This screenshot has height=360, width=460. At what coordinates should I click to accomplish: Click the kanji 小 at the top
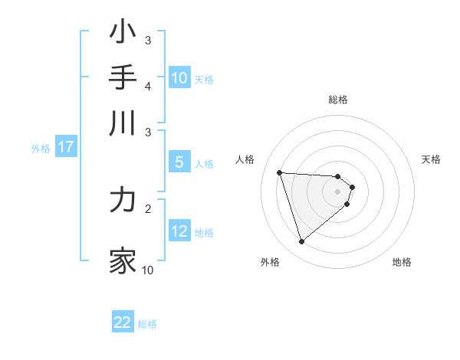pyautogui.click(x=123, y=33)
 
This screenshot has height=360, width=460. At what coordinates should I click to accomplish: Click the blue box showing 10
pyautogui.click(x=179, y=78)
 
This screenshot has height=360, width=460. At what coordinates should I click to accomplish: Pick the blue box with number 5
pyautogui.click(x=179, y=162)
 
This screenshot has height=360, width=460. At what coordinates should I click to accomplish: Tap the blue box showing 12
pyautogui.click(x=179, y=232)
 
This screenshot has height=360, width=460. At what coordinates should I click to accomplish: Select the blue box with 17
pyautogui.click(x=66, y=148)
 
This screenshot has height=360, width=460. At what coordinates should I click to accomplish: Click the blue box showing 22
pyautogui.click(x=123, y=323)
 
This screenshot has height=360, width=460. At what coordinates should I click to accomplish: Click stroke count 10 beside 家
pyautogui.click(x=148, y=270)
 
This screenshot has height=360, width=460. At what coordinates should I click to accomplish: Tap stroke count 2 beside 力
pyautogui.click(x=148, y=208)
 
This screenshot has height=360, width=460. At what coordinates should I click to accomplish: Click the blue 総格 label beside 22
pyautogui.click(x=147, y=324)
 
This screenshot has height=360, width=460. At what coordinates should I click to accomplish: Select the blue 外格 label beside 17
pyautogui.click(x=41, y=149)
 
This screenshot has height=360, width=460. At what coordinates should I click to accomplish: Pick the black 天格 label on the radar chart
pyautogui.click(x=432, y=159)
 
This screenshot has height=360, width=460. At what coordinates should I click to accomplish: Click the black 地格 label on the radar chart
pyautogui.click(x=402, y=262)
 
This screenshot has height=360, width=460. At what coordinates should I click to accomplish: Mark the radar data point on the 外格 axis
pyautogui.click(x=301, y=242)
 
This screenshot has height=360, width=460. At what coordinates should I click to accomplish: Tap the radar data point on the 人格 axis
pyautogui.click(x=280, y=172)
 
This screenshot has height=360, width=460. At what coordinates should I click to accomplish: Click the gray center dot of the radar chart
pyautogui.click(x=338, y=191)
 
